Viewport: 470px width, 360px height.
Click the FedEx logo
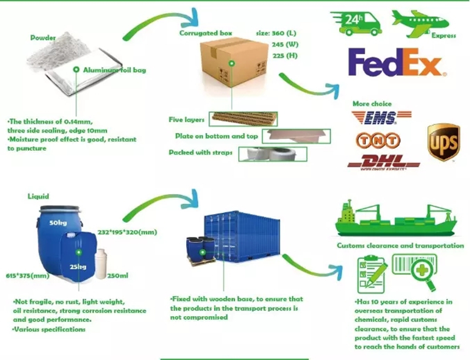pyautogui.click(x=395, y=64)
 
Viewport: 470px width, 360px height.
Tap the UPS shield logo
pyautogui.click(x=443, y=141)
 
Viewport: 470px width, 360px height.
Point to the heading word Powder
pyautogui.click(x=43, y=38)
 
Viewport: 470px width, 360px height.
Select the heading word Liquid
pyautogui.click(x=39, y=196)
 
